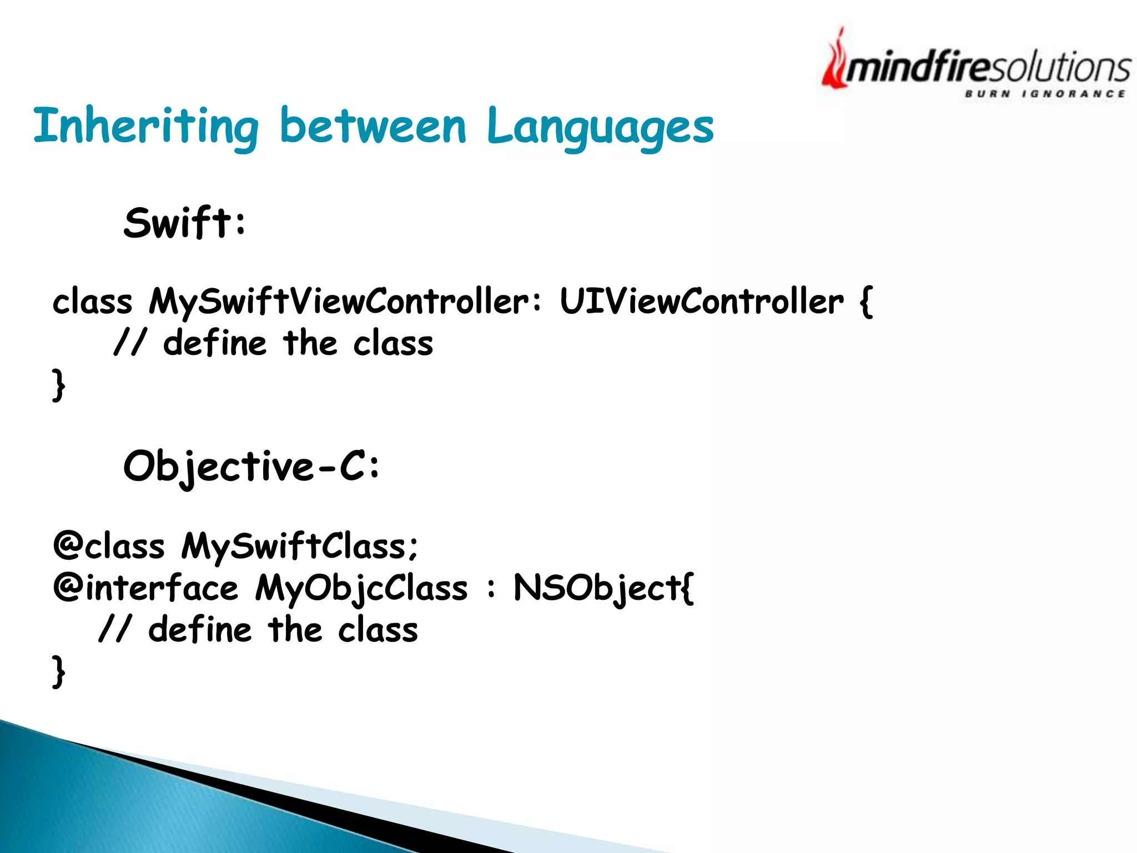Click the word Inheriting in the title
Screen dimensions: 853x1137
(145, 127)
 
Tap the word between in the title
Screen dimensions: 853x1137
(373, 127)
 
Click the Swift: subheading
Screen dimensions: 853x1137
(184, 223)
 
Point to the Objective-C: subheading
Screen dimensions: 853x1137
(251, 466)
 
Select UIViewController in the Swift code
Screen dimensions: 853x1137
(701, 303)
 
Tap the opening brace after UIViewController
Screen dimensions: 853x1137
(866, 303)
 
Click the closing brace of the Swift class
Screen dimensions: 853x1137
(59, 385)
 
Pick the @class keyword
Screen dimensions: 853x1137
(109, 546)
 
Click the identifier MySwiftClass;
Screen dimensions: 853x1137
(300, 546)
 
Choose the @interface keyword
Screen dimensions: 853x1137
(145, 588)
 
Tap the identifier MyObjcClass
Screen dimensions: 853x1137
(361, 588)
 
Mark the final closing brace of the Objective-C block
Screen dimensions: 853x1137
(59, 671)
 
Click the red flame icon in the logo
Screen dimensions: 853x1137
(834, 61)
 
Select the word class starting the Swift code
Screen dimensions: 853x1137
(93, 303)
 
